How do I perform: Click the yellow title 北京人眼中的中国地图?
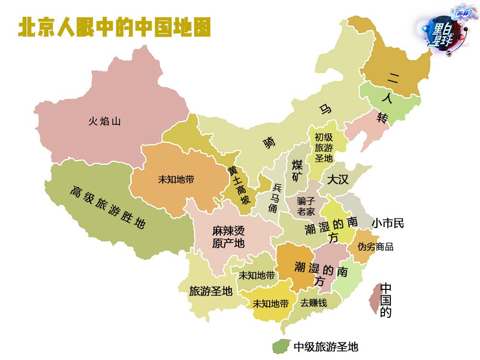pyautogui.click(x=114, y=27)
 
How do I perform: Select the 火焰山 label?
pyautogui.click(x=104, y=121)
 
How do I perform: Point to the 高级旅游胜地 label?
pyautogui.click(x=107, y=207)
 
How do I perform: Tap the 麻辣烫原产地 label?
pyautogui.click(x=228, y=237)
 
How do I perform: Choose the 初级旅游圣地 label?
pyautogui.click(x=324, y=147)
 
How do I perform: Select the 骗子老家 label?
pyautogui.click(x=306, y=206)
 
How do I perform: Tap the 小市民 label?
pyautogui.click(x=388, y=223)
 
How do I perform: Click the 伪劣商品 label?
pyautogui.click(x=376, y=247)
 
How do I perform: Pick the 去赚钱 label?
pyautogui.click(x=313, y=303)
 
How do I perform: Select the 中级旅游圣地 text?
pyautogui.click(x=326, y=346)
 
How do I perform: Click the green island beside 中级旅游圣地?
pyautogui.click(x=280, y=346)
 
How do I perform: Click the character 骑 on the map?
pyautogui.click(x=269, y=143)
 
